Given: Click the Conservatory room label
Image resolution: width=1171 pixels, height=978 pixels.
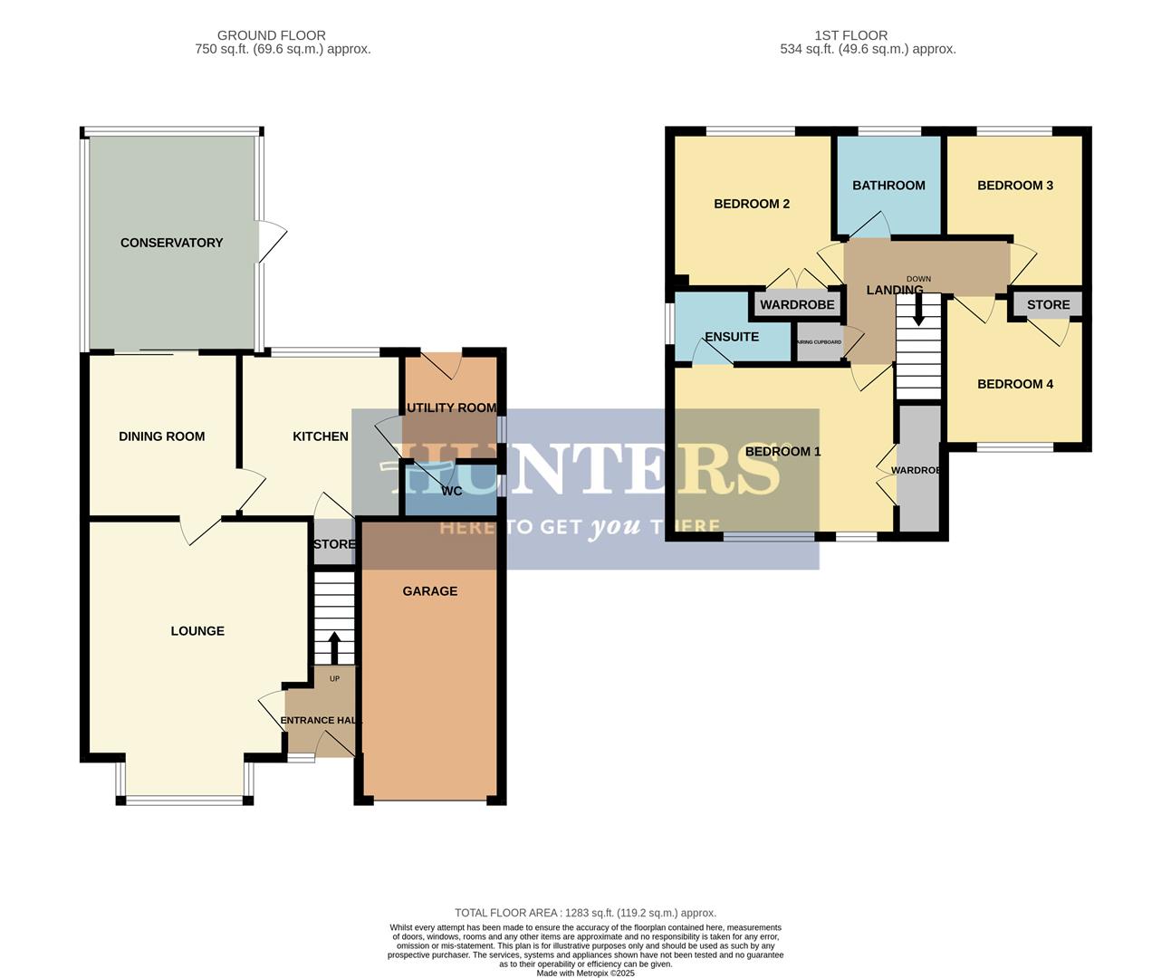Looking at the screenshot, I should coord(171,243).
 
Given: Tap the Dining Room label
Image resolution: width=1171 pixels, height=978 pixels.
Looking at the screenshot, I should coord(161,436).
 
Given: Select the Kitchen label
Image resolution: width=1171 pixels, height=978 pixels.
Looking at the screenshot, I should coord(321,436).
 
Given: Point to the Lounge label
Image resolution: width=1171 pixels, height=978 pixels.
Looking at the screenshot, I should coord(197,631).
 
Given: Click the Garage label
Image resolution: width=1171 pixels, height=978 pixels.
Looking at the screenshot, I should coord(430,591).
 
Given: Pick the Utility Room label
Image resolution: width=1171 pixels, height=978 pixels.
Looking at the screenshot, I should coord(451,407).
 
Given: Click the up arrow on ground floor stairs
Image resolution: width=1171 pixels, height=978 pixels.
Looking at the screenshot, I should coord(333,647).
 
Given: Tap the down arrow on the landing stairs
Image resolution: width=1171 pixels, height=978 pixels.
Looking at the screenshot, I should coord(918,312).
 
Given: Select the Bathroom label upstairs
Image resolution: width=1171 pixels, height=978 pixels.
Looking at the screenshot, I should coord(888,186).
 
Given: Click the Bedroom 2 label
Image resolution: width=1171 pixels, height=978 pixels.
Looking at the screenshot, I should coord(752,204).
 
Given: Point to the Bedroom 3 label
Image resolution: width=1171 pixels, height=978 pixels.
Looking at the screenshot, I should coord(1015,186).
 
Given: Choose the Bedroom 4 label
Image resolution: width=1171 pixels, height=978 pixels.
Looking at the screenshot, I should coord(1015,384).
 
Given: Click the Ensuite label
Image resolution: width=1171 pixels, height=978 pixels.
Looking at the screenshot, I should coord(732,337).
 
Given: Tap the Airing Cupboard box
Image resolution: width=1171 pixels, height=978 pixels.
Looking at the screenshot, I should coord(820,343).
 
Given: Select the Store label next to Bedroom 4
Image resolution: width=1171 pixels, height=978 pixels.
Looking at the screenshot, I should coord(1048,305).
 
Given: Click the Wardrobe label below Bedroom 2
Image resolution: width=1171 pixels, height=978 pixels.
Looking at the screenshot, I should coord(797,305).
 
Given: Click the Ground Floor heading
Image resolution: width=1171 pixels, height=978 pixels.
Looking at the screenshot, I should coord(272,35).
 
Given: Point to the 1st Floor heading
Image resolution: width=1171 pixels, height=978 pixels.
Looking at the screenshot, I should coord(851,35).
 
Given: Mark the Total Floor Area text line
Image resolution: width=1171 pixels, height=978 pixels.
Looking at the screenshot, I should coord(585,913).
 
